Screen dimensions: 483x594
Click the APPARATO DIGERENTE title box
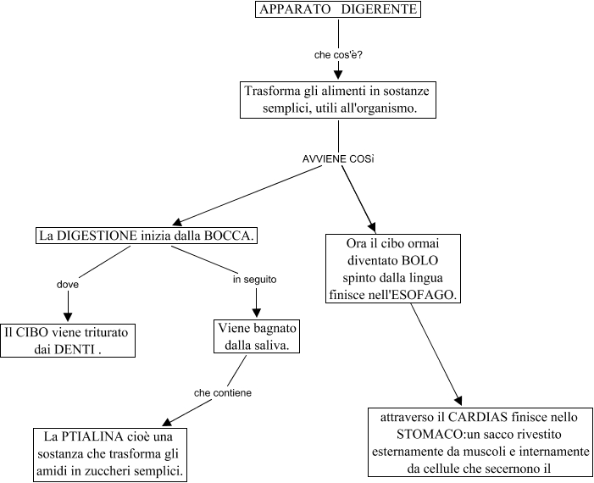click(337, 10)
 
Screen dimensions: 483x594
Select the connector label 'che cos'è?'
click(338, 55)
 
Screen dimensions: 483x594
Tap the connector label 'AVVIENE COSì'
click(338, 159)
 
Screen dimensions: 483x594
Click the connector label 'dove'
click(67, 284)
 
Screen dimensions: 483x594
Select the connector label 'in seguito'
click(254, 278)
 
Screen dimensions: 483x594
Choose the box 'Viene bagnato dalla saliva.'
click(256, 336)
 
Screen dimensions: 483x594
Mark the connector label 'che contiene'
click(223, 392)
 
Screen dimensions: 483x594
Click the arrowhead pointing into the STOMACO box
click(459, 401)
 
